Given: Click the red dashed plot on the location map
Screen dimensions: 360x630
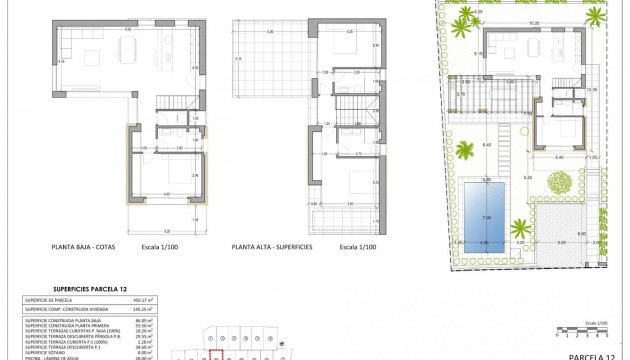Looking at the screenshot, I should [x=212, y=353].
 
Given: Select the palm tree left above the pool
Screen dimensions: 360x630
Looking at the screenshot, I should [x=465, y=152].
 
